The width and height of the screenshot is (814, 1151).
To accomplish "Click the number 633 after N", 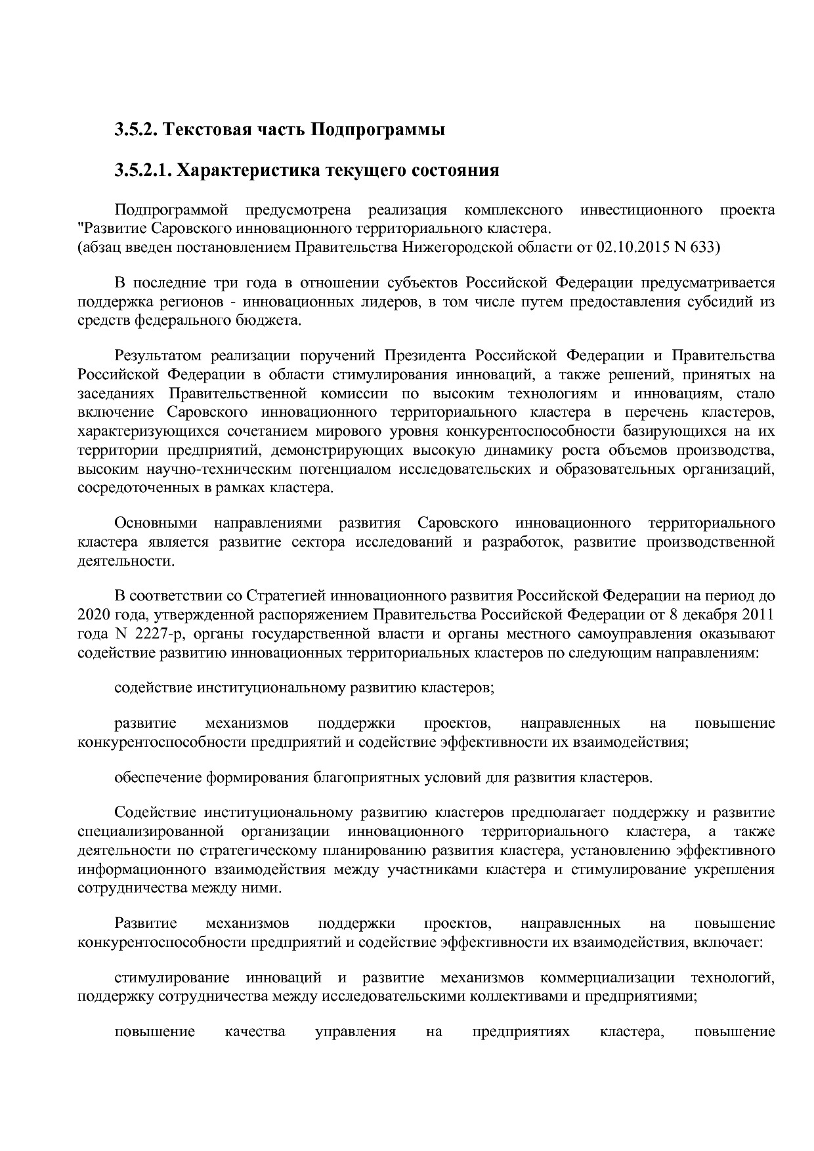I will click(x=703, y=247).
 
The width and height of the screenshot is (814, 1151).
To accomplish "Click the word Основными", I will click(x=156, y=523).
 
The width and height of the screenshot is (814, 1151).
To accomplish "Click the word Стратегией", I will click(x=287, y=596).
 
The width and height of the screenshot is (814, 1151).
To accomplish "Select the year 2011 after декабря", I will click(x=758, y=615).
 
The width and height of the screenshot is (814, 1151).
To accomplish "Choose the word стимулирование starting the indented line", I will click(x=172, y=978).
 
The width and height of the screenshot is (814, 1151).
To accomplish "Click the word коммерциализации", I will click(x=607, y=978).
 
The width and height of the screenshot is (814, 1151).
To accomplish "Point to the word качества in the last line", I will click(x=255, y=1032).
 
